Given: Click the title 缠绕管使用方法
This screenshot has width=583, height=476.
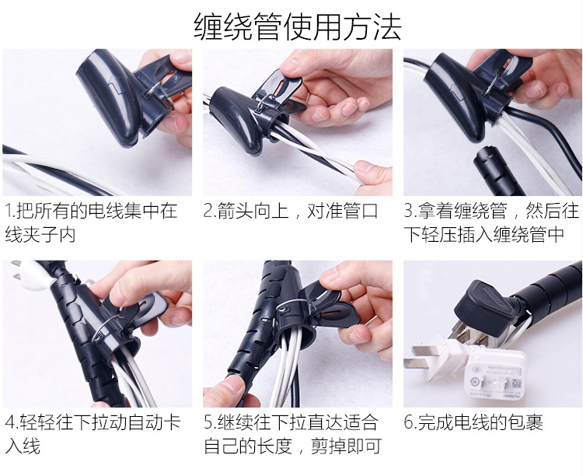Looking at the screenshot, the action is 298,26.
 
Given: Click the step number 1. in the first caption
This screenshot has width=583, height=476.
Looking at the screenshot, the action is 11,211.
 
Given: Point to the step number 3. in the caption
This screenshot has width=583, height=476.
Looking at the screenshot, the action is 411,211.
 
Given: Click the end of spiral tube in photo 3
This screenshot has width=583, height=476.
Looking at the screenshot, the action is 485,154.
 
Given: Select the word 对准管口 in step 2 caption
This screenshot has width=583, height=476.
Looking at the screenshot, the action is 342,211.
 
